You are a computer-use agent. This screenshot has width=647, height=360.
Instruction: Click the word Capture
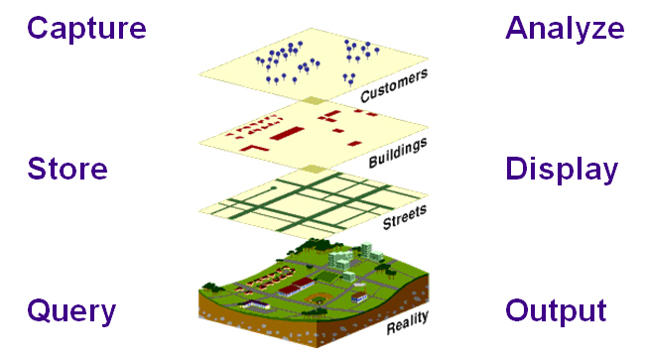[87, 29]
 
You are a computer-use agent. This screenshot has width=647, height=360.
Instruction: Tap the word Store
[67, 169]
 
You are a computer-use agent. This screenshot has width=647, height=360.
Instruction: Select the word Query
[72, 310]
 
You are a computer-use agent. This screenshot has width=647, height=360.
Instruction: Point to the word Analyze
[565, 29]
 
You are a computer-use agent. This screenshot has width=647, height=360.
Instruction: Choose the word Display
[561, 169]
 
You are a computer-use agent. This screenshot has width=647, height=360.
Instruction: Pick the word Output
[556, 310]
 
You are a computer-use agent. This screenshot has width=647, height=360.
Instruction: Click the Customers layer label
[394, 85]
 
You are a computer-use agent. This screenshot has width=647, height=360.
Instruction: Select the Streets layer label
[405, 215]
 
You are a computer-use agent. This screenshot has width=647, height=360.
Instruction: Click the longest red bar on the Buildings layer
[291, 132]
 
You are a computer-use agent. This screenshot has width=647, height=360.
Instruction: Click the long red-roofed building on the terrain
[297, 288]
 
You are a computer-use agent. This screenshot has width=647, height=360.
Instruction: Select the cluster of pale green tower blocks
[339, 260]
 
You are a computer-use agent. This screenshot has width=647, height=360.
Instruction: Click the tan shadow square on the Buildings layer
[314, 100]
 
